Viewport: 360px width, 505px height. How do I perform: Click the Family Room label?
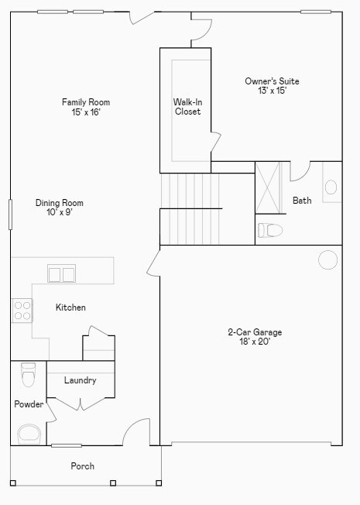[x=86, y=102]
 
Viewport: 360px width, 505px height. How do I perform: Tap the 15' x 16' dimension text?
[x=86, y=112]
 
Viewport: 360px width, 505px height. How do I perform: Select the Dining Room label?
[x=59, y=203]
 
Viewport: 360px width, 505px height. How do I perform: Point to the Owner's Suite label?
[x=272, y=81]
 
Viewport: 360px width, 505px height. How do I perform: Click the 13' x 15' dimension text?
[x=272, y=91]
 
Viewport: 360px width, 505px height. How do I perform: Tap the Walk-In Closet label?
[x=187, y=106]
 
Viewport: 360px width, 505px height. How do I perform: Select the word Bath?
[x=302, y=201]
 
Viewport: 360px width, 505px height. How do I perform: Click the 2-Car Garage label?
[x=254, y=332]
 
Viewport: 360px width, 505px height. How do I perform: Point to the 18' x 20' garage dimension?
[x=254, y=342]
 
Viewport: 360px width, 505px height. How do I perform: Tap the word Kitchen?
[x=70, y=307]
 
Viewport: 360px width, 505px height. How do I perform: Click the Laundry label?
[x=80, y=380]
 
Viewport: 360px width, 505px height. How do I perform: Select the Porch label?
[x=82, y=466]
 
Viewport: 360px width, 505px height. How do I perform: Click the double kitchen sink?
[x=62, y=273]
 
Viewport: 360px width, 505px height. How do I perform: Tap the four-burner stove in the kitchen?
[x=22, y=311]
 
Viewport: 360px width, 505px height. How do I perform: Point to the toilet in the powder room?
[x=29, y=374]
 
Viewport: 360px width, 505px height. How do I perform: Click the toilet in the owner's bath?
[x=270, y=230]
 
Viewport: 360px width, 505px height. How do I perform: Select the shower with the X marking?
[x=270, y=187]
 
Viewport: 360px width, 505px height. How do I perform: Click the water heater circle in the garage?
[x=328, y=259]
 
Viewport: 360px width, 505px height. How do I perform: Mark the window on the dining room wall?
[x=11, y=215]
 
